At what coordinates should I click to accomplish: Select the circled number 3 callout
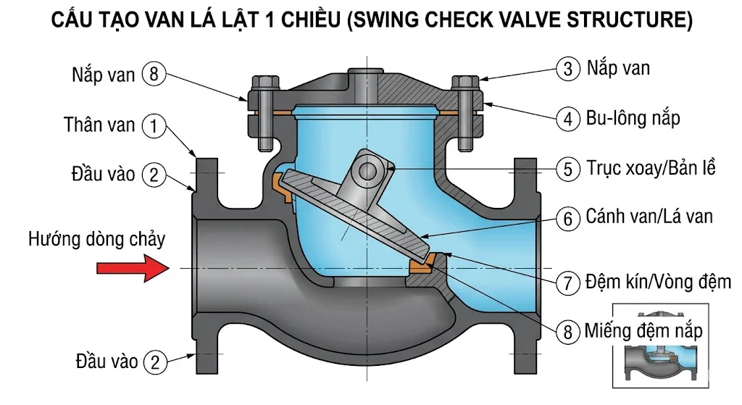[x=568, y=70]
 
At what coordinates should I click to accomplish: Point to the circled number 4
[x=568, y=117]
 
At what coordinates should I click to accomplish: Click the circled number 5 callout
[x=568, y=169]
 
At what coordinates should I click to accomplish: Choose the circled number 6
[x=568, y=217]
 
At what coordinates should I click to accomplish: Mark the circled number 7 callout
[x=568, y=281]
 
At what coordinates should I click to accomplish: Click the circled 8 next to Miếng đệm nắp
[x=568, y=333]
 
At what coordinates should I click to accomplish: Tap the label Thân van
[x=99, y=125]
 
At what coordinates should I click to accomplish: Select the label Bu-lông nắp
[x=633, y=117]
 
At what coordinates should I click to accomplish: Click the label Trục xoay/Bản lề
[x=651, y=169]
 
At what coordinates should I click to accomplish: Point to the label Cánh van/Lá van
[x=649, y=217]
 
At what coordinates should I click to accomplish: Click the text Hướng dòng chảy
[x=97, y=239]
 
